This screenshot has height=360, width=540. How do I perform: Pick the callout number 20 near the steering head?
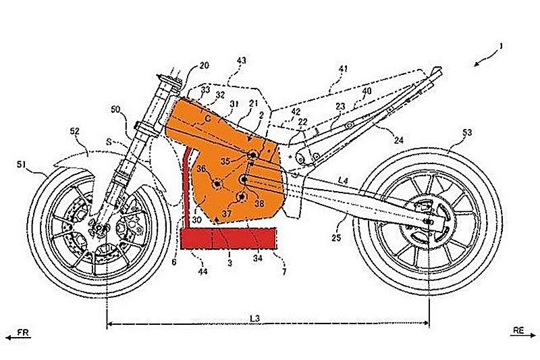203,66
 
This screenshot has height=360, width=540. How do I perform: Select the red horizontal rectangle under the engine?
229,239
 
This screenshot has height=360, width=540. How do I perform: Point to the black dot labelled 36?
217,184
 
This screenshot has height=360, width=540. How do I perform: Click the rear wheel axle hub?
428,220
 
